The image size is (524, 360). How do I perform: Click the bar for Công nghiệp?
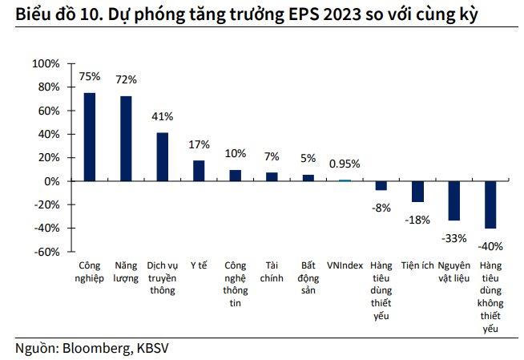coord(90,136)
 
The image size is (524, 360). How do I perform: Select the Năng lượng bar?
coord(126,138)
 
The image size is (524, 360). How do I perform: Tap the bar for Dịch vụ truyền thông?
coord(162,156)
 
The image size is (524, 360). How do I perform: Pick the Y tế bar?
coord(199,170)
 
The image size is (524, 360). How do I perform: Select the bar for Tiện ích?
coord(417,191)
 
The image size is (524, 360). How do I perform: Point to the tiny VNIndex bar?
coord(345,180)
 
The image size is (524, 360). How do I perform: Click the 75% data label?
coord(90,77)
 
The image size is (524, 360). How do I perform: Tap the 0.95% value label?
coord(345,164)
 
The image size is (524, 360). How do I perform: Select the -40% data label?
coord(490,245)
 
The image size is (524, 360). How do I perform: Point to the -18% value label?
coord(417,219)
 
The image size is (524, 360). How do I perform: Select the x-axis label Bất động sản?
coord(308,277)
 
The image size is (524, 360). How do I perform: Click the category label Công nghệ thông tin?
coord(236,284)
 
